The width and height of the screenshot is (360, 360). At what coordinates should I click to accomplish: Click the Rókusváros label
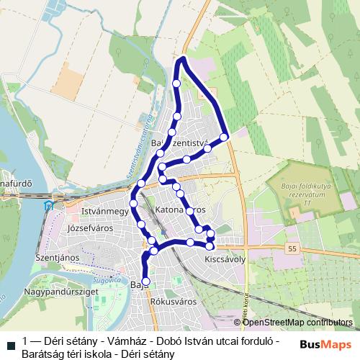point(170,302)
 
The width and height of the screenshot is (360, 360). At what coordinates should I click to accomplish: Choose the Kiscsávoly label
point(225,258)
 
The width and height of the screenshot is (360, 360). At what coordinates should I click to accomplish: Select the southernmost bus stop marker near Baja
point(146,282)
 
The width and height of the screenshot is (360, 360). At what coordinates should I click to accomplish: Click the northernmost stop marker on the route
point(177,84)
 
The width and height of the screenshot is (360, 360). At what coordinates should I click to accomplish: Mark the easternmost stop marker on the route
point(224,137)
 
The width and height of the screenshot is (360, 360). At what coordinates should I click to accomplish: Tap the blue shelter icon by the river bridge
point(48,205)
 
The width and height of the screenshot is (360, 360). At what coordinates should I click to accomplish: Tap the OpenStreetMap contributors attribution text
point(297,323)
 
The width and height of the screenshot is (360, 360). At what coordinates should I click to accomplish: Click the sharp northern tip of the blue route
point(184,58)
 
